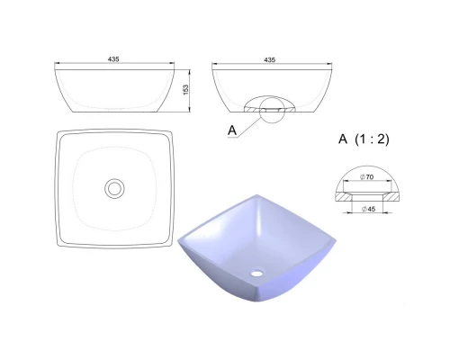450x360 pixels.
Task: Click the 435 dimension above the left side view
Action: pyautogui.click(x=113, y=59)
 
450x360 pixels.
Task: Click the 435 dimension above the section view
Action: pyautogui.click(x=270, y=60)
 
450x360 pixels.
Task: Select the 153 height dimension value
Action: pyautogui.click(x=185, y=90)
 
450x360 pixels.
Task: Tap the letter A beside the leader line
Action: pyautogui.click(x=232, y=130)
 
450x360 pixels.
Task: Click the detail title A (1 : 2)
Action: pyautogui.click(x=364, y=139)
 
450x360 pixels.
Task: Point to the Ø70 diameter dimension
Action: pyautogui.click(x=367, y=177)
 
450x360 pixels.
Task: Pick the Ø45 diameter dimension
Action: pyautogui.click(x=368, y=209)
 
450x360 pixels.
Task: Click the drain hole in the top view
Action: pyautogui.click(x=114, y=188)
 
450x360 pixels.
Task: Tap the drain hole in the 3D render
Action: pyautogui.click(x=257, y=273)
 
